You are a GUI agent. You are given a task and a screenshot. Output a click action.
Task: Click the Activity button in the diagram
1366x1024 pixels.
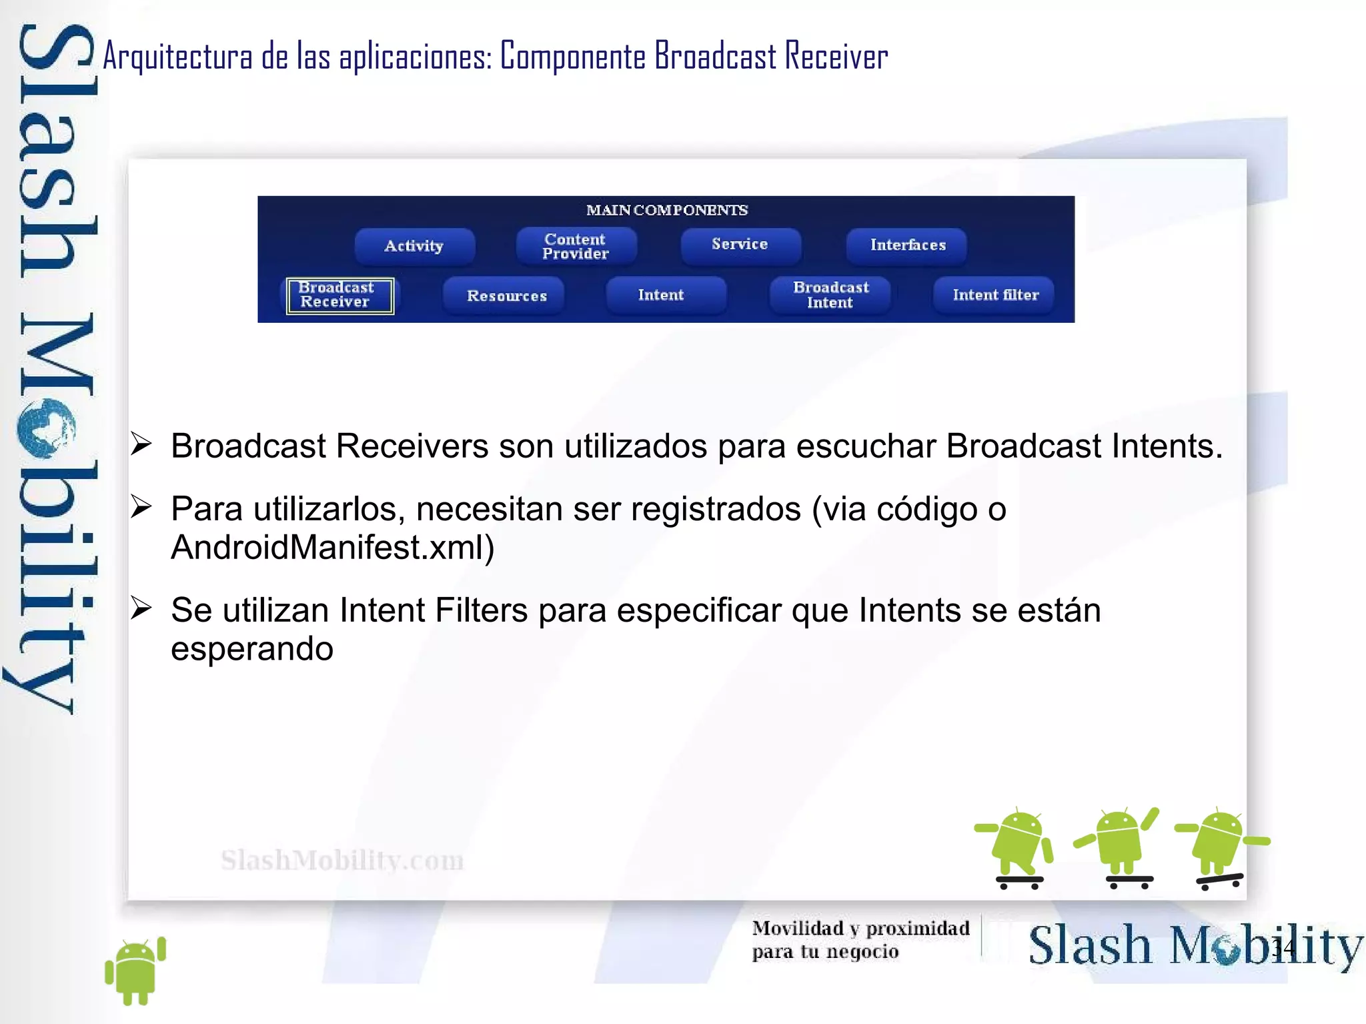pyautogui.click(x=414, y=245)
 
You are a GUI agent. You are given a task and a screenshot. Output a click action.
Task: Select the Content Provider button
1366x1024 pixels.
pyautogui.click(x=576, y=246)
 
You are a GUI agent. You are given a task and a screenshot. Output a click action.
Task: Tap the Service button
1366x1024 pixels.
pyautogui.click(x=740, y=244)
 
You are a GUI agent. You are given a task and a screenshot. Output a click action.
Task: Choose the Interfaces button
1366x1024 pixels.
pyautogui.click(x=907, y=245)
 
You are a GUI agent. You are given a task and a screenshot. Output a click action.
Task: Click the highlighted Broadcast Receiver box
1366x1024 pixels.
pyautogui.click(x=339, y=295)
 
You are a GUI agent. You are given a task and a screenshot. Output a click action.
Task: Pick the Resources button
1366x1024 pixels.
pyautogui.click(x=506, y=296)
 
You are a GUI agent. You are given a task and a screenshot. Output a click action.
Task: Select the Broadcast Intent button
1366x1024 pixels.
pyautogui.click(x=830, y=295)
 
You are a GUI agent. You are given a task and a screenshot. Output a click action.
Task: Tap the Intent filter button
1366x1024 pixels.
pyautogui.click(x=995, y=295)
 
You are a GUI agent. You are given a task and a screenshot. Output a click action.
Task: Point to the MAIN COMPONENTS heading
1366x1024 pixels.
pyautogui.click(x=666, y=210)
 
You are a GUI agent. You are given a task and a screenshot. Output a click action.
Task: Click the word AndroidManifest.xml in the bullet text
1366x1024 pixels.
pyautogui.click(x=332, y=548)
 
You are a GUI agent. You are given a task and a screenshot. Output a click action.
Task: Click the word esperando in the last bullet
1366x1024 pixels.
pyautogui.click(x=251, y=648)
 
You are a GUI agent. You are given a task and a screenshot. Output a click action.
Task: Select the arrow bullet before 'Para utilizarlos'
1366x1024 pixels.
pyautogui.click(x=141, y=507)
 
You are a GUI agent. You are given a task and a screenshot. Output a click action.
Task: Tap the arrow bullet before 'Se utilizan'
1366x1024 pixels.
pyautogui.click(x=141, y=608)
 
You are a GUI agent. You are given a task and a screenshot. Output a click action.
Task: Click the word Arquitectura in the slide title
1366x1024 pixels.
pyautogui.click(x=177, y=56)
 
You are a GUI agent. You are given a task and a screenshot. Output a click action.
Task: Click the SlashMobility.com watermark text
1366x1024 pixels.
pyautogui.click(x=342, y=861)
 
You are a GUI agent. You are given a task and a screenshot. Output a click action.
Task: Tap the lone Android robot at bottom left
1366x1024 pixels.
pyautogui.click(x=136, y=971)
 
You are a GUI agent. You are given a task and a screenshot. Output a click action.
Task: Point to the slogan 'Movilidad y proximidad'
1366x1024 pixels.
pyautogui.click(x=860, y=928)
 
